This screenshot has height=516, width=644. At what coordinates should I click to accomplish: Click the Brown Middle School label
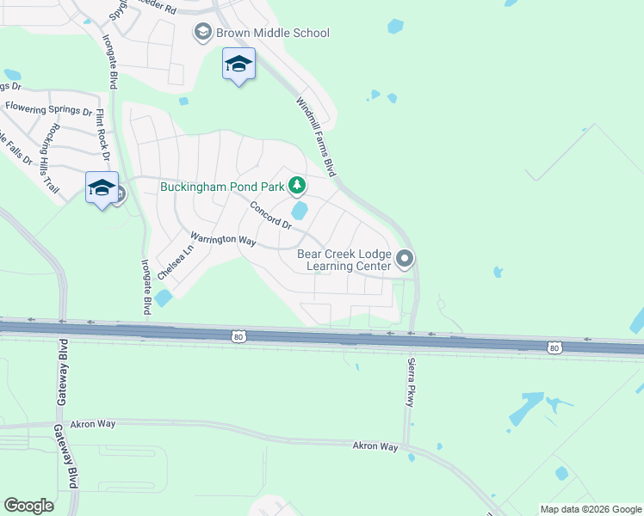click(272, 34)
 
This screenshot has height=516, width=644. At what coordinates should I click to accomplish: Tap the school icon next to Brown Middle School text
click(203, 34)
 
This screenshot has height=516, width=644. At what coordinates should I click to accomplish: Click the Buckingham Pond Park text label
click(222, 186)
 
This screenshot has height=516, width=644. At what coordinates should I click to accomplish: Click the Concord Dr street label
click(271, 215)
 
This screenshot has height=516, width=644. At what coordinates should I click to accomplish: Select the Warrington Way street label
click(223, 240)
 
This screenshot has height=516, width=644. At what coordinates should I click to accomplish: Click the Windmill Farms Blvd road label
click(315, 137)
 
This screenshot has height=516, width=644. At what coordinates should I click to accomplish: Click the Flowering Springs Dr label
click(48, 109)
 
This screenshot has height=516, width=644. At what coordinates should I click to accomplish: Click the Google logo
click(28, 505)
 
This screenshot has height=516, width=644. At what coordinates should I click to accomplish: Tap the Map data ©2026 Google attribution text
click(590, 509)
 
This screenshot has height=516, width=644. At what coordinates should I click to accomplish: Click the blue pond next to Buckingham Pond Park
click(300, 211)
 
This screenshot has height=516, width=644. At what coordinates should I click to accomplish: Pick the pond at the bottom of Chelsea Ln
click(163, 298)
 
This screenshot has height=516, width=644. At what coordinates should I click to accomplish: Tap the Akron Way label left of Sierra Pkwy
click(375, 446)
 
